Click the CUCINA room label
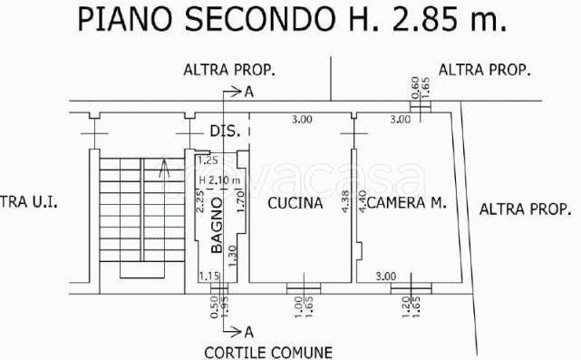click(x=295, y=204)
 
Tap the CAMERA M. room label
click(x=409, y=204)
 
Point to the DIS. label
click(x=225, y=131)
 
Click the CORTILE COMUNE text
click(x=267, y=352)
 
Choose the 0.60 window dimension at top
click(x=415, y=85)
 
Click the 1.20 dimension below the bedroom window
click(x=404, y=308)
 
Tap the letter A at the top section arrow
click(x=248, y=91)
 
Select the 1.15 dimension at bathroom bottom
click(x=209, y=276)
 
